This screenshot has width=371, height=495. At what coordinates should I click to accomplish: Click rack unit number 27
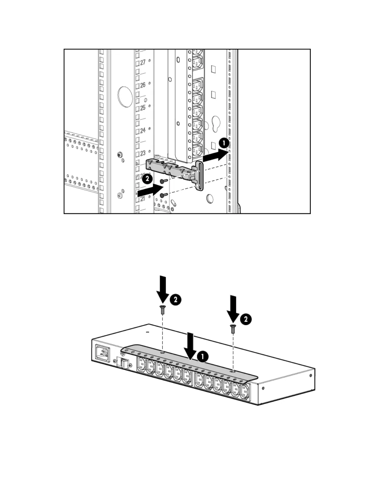[x=143, y=62]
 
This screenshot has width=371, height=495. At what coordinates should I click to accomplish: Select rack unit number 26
[x=143, y=85]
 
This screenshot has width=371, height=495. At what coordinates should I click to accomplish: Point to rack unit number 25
[x=143, y=108]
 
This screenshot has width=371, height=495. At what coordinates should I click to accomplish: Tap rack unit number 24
[x=143, y=130]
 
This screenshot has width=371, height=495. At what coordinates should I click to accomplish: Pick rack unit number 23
[x=143, y=153]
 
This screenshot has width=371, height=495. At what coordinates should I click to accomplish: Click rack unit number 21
[x=143, y=199]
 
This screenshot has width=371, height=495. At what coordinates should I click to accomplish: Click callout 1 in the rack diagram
[x=224, y=143]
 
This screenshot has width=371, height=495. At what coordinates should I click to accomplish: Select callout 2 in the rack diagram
[x=147, y=179]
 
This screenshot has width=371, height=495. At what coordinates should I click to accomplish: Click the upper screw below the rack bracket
[x=163, y=181]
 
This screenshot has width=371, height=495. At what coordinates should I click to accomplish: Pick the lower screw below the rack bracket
[x=163, y=195]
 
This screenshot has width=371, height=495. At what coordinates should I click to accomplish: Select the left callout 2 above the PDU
[x=176, y=300]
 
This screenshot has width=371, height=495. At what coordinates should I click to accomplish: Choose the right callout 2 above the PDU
[x=246, y=319]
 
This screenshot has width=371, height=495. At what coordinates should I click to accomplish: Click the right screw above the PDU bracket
[x=233, y=329]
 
